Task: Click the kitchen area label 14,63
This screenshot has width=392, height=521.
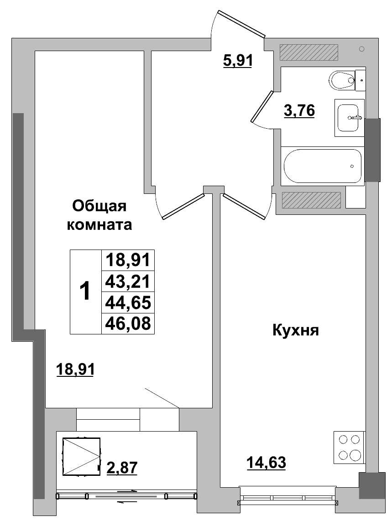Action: pos(266,463)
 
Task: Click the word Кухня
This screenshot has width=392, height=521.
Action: pos(295,330)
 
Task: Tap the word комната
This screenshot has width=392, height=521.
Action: pos(99,225)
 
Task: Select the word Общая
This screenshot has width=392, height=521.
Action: pos(99,207)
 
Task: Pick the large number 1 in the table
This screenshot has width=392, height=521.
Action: pos(85,292)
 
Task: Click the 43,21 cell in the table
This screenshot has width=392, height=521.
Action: pos(128,281)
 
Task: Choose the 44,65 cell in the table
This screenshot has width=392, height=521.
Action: pos(128,302)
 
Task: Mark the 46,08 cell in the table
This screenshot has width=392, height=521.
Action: pos(128,323)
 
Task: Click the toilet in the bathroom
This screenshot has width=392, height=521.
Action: pos(342,81)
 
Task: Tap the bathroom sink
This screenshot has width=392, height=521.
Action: pos(349,117)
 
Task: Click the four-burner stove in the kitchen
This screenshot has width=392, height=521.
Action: pos(349,447)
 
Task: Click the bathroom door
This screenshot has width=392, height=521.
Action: pos(261,106)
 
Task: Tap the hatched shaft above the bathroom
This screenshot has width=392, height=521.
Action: pos(308,52)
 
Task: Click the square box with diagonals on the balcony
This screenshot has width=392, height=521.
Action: pos(81,456)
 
